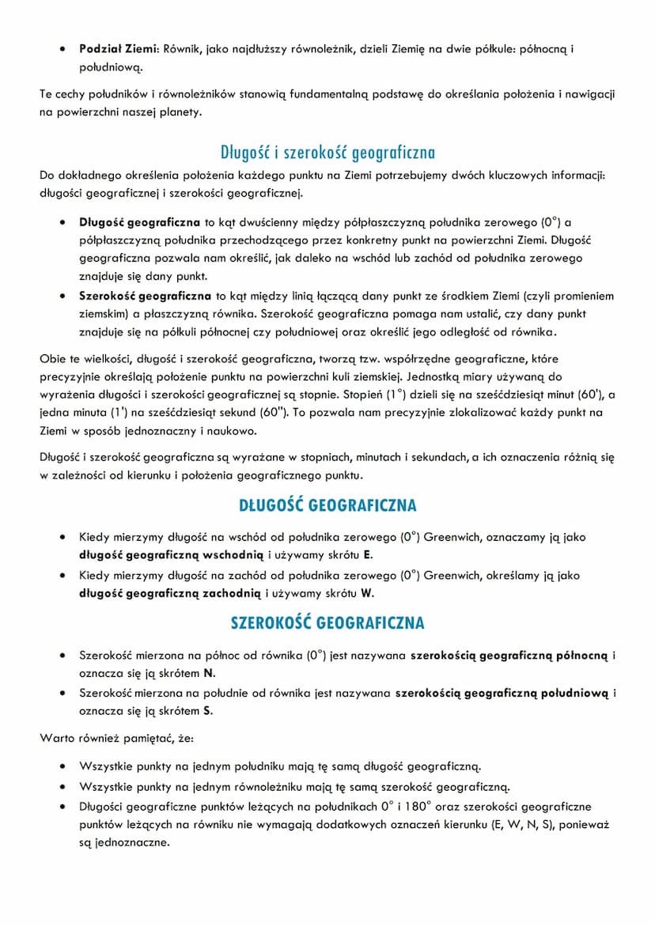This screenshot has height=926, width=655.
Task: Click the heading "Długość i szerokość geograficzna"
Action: (x=327, y=153)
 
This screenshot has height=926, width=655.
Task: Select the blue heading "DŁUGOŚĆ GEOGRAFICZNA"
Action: (x=327, y=505)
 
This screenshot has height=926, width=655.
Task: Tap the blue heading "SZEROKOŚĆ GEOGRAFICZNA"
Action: (x=327, y=623)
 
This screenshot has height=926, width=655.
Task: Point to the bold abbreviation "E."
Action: (x=368, y=555)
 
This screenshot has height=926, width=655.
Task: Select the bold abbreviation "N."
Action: (x=210, y=673)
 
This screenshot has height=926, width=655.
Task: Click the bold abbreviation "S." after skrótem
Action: (x=208, y=711)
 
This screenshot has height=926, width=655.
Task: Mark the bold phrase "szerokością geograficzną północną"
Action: (x=509, y=655)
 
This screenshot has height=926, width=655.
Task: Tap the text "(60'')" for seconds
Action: (x=270, y=413)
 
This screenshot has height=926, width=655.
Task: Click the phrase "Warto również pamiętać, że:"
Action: (x=111, y=739)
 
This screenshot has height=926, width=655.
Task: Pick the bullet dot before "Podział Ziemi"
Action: (x=62, y=49)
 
